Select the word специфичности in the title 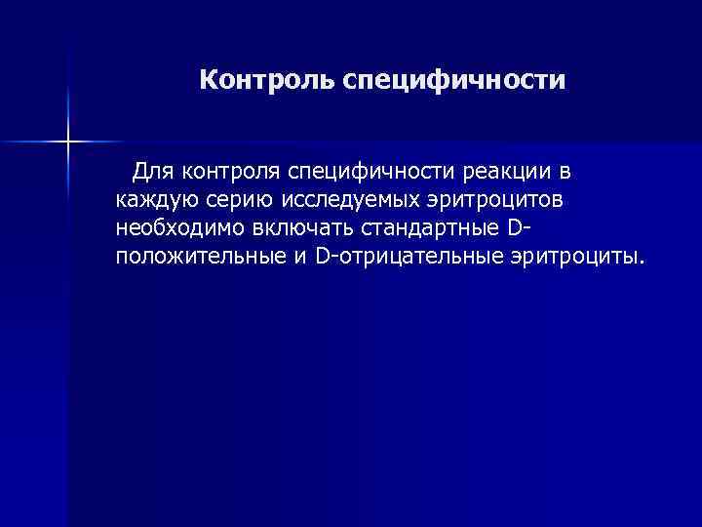point(453,81)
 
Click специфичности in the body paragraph point(369,173)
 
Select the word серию point(238,201)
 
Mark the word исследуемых point(354,201)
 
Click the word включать point(297,229)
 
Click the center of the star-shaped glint point(68,142)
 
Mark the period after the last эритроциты point(642,263)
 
